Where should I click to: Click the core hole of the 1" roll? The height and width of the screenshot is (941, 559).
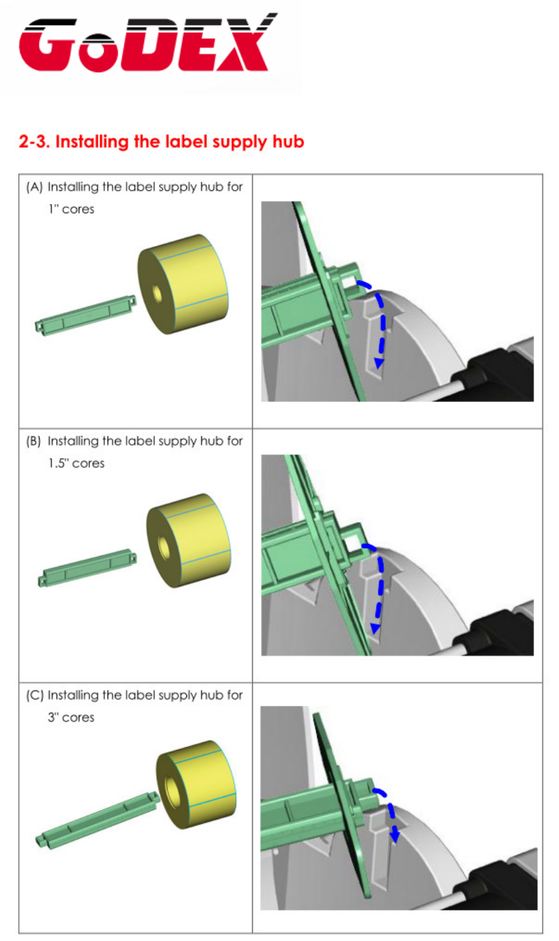click(x=157, y=293)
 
